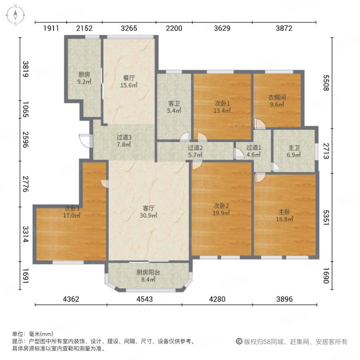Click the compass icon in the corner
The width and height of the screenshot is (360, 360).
[x=15, y=15]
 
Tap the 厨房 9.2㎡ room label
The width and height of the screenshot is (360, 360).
[x=84, y=78]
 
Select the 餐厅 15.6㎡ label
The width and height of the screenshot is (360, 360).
[x=129, y=82]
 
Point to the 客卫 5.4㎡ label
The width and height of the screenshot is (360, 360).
[x=174, y=107]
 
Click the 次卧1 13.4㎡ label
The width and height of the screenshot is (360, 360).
[x=222, y=107]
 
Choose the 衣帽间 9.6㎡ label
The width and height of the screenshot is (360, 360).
[x=277, y=101]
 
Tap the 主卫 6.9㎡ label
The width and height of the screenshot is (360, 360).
[x=294, y=151]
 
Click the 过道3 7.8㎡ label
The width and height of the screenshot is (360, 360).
[x=124, y=141]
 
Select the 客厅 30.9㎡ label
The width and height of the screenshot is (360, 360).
[x=148, y=212]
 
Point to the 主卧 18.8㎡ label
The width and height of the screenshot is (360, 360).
[x=284, y=215]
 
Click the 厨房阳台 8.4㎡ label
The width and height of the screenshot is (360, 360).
[x=148, y=276]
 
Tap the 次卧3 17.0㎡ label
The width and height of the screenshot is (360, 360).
[x=72, y=212]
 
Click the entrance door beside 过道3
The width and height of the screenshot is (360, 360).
[x=86, y=141]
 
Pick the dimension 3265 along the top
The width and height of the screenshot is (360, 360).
[x=129, y=28]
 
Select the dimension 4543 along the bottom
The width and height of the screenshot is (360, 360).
[x=144, y=299]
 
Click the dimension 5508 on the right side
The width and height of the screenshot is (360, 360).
[x=326, y=83]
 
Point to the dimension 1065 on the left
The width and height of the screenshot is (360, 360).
[x=26, y=110]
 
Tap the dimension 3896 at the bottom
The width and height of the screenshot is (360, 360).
[x=284, y=299]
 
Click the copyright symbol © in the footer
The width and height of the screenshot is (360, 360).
[x=239, y=342]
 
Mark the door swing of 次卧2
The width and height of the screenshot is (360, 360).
[x=197, y=164]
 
